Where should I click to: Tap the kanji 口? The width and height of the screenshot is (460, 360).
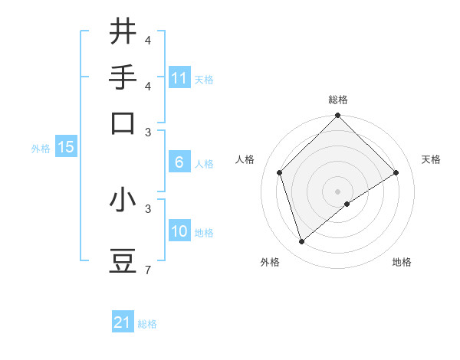pyautogui.click(x=123, y=123)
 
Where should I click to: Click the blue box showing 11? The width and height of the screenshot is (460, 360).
pyautogui.click(x=179, y=78)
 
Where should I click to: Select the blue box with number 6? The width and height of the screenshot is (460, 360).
pyautogui.click(x=179, y=162)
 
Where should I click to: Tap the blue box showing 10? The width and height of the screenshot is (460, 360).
pyautogui.click(x=179, y=231)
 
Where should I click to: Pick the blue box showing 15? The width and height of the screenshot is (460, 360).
pyautogui.click(x=66, y=147)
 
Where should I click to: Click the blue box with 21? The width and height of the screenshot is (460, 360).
pyautogui.click(x=123, y=322)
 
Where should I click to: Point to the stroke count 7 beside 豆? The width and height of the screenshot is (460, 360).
pyautogui.click(x=147, y=270)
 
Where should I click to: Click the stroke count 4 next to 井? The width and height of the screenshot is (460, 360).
pyautogui.click(x=147, y=39)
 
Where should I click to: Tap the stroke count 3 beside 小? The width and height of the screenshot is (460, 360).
pyautogui.click(x=147, y=208)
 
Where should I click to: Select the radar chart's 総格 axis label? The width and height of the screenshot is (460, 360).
pyautogui.click(x=338, y=100)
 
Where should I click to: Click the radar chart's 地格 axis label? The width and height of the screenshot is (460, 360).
pyautogui.click(x=402, y=262)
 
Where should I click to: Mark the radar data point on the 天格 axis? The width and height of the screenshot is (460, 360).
pyautogui.click(x=396, y=172)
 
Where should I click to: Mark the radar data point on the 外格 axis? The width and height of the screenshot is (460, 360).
pyautogui.click(x=302, y=242)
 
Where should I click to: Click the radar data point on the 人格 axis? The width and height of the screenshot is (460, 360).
pyautogui.click(x=280, y=172)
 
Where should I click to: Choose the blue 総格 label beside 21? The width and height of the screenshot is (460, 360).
pyautogui.click(x=147, y=324)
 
